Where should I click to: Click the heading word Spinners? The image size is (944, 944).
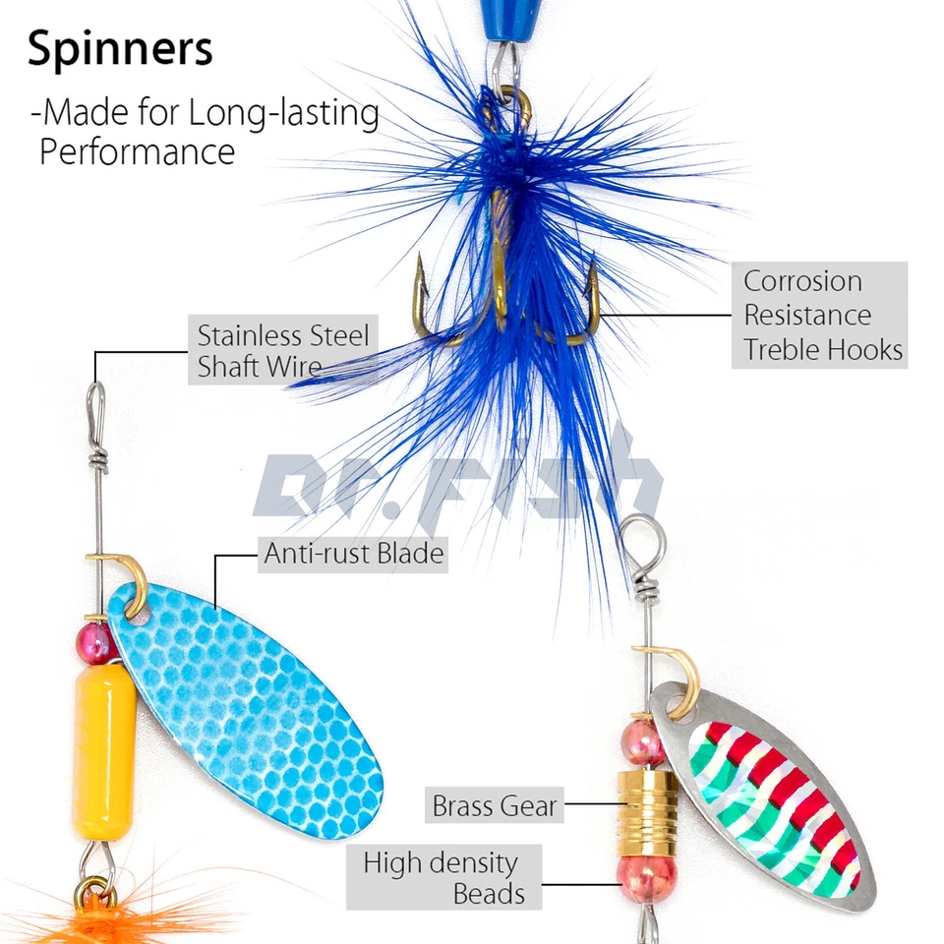(120, 50)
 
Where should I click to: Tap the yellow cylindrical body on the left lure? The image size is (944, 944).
(104, 751)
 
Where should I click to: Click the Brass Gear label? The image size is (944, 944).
(495, 807)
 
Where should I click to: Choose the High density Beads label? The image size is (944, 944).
(443, 877)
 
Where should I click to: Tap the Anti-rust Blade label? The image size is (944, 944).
(353, 555)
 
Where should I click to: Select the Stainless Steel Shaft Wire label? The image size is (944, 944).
(283, 350)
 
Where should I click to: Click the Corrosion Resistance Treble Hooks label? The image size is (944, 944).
(820, 315)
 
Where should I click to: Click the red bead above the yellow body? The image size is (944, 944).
(96, 642)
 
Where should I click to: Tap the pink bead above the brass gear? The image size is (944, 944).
(643, 741)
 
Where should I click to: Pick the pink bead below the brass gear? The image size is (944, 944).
(645, 878)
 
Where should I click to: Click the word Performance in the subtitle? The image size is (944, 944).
(137, 152)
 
